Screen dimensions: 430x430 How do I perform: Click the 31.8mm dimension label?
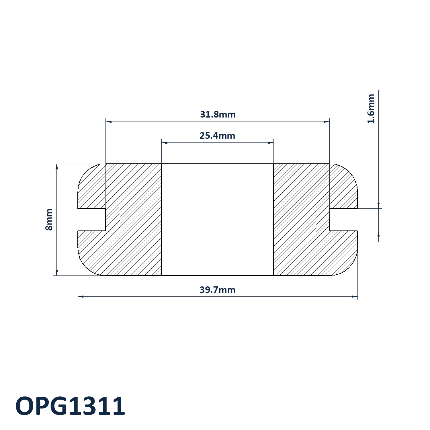click(x=218, y=114)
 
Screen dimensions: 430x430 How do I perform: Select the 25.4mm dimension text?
click(x=217, y=136)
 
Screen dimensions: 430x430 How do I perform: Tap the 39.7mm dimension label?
click(x=217, y=290)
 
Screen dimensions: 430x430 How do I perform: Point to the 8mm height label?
click(x=49, y=220)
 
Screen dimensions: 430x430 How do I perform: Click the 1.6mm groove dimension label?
click(x=371, y=109)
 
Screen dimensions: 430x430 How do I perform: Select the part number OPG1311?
click(x=70, y=406)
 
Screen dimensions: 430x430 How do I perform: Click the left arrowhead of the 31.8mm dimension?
click(x=109, y=122)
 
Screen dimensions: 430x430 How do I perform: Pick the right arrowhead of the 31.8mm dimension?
click(x=327, y=122)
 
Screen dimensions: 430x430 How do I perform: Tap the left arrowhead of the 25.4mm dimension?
click(x=165, y=143)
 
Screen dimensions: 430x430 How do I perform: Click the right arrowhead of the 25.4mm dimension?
click(x=271, y=143)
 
